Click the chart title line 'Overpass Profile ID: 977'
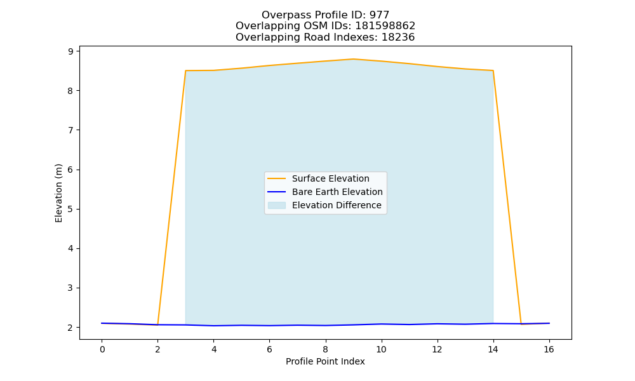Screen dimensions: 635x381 click(325, 15)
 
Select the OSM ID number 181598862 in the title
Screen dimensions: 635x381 click(385, 26)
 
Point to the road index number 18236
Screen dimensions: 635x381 click(398, 37)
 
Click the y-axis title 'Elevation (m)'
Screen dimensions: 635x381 click(58, 193)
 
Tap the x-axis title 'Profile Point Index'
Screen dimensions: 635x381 click(325, 361)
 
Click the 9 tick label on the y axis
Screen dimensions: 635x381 click(71, 51)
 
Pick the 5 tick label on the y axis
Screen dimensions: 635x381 click(71, 210)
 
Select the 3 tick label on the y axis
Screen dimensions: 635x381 click(71, 288)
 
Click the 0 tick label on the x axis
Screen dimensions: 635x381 click(102, 349)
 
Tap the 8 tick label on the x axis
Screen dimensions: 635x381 click(325, 349)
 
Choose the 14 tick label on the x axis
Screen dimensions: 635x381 click(493, 349)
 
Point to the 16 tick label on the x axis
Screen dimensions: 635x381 click(549, 349)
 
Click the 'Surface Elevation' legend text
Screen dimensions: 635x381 click(330, 178)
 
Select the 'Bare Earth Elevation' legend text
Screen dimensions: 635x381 click(337, 192)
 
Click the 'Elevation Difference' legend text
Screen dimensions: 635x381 click(337, 205)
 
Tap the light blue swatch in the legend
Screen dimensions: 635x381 click(277, 205)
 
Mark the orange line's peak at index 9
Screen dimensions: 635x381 click(353, 59)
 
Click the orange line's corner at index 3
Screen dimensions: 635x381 click(185, 70)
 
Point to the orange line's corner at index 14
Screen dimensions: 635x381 click(493, 70)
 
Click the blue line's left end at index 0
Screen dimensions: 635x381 click(102, 323)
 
